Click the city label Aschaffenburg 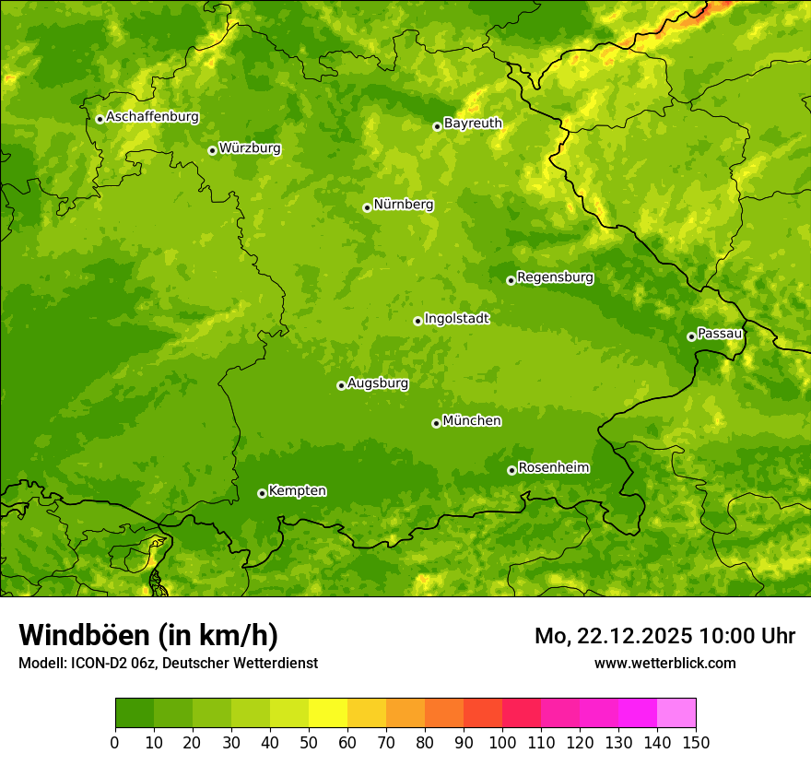(x=152, y=117)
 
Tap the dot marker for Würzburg (x=212, y=150)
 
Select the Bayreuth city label (x=473, y=124)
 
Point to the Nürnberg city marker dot (x=367, y=207)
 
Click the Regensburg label (x=555, y=277)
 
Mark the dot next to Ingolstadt (x=417, y=321)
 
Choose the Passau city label (x=720, y=334)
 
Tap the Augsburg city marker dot (x=341, y=385)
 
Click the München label (x=472, y=421)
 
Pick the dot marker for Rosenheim (x=511, y=470)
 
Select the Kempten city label (x=297, y=491)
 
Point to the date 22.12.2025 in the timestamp (x=635, y=636)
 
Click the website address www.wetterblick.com (x=664, y=663)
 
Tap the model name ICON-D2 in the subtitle (x=98, y=664)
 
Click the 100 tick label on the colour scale (x=502, y=742)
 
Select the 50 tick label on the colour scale (x=309, y=742)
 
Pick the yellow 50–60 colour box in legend (x=328, y=713)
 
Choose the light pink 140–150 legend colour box (x=676, y=713)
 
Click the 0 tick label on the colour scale (x=115, y=742)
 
